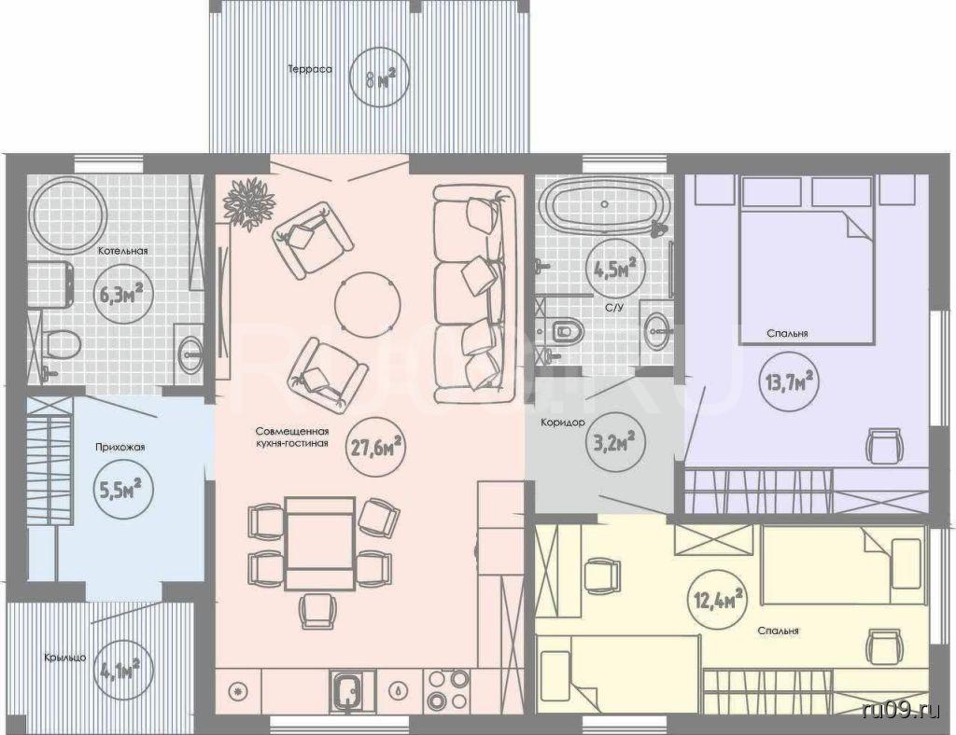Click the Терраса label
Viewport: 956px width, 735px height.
click(310, 69)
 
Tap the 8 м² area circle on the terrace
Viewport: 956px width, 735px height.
click(379, 78)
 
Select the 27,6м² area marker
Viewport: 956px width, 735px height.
click(376, 448)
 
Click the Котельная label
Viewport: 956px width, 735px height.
click(124, 250)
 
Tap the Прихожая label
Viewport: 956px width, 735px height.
click(120, 447)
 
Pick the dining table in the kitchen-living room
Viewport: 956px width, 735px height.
click(321, 543)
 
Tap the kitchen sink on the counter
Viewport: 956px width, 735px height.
click(350, 691)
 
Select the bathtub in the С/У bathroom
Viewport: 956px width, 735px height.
click(605, 204)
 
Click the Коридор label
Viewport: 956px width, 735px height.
click(563, 422)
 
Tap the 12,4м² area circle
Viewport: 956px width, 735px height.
click(718, 599)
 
